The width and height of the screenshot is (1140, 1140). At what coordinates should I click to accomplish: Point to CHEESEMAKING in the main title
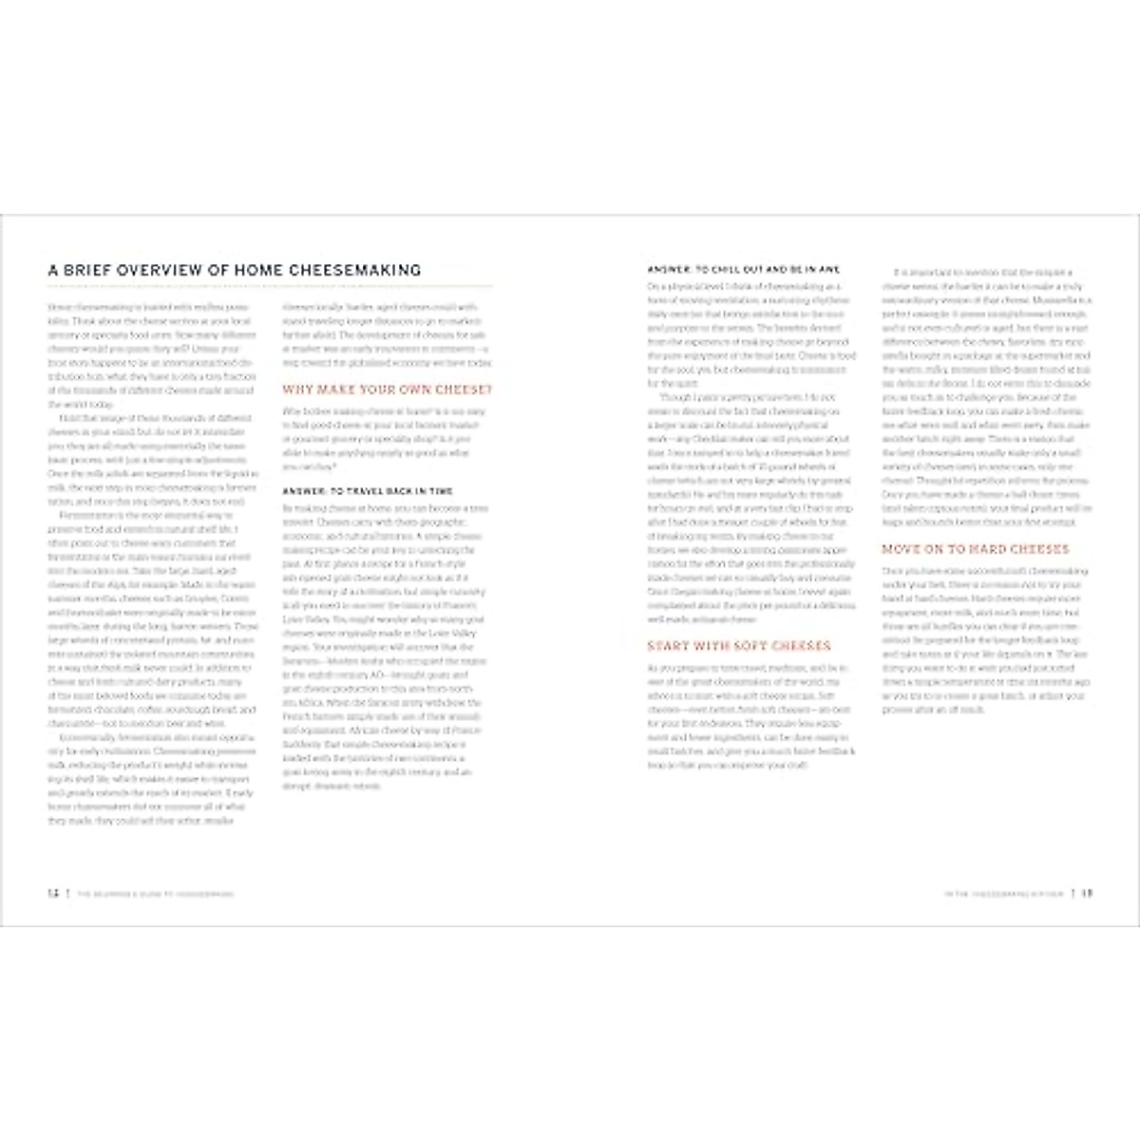[346, 271]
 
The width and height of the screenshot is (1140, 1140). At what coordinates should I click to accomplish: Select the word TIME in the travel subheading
[439, 491]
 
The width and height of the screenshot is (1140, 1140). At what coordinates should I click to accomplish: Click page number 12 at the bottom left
[53, 893]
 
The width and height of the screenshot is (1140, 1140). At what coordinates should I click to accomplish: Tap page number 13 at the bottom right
[1088, 893]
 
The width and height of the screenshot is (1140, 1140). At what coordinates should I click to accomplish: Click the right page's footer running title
[1000, 894]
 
